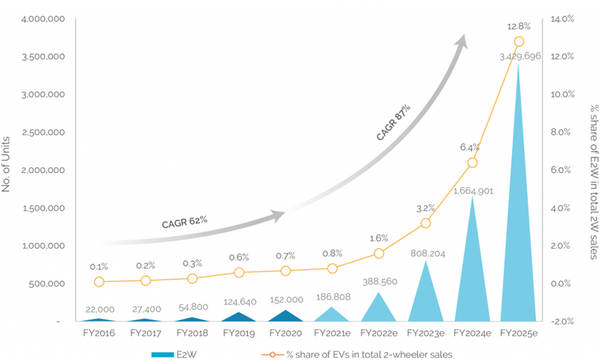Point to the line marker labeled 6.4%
tap(472, 163)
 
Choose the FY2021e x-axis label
tap(332, 333)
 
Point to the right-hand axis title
tap(593, 170)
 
